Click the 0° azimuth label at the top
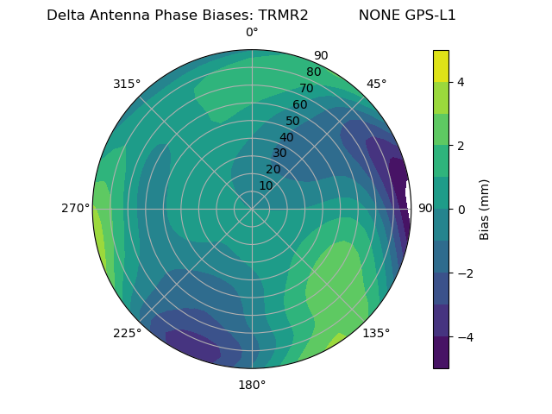(x=252, y=33)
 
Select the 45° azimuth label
(x=376, y=84)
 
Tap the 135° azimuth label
(x=376, y=333)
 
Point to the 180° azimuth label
(x=252, y=385)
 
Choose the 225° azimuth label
(x=127, y=333)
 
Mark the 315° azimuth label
(x=127, y=84)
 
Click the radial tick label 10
(x=266, y=185)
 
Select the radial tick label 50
(x=292, y=121)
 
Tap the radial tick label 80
(x=313, y=72)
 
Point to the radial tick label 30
(x=279, y=154)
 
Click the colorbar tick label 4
(x=461, y=82)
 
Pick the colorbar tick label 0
(x=461, y=210)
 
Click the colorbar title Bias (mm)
(x=485, y=210)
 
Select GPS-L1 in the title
(x=428, y=16)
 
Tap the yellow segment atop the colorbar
(x=441, y=66)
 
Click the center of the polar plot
(x=252, y=209)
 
